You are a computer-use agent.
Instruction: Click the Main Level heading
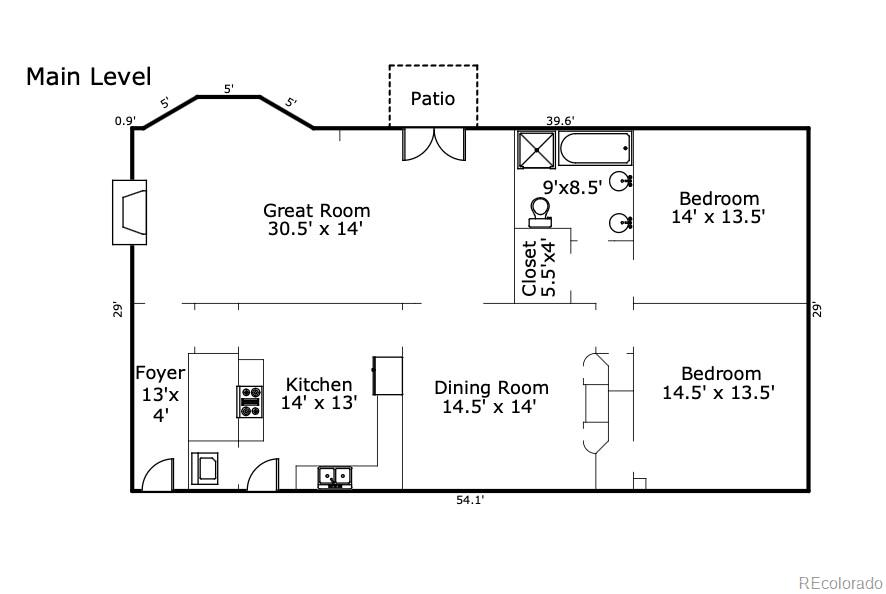88,77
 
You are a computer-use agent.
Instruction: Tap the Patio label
433,98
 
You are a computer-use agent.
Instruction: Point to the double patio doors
434,144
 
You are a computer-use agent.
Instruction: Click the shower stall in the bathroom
536,150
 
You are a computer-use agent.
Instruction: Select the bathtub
595,150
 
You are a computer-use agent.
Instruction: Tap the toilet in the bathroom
541,211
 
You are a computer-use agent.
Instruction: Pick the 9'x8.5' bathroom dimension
572,186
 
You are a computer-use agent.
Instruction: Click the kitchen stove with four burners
250,401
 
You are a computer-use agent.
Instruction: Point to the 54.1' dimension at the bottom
470,501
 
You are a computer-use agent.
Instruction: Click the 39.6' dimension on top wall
559,120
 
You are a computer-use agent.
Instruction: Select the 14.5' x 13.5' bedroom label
718,384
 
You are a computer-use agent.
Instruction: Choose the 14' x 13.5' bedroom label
718,207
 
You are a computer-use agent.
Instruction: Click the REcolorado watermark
839,582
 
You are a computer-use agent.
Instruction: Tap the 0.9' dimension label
125,121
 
